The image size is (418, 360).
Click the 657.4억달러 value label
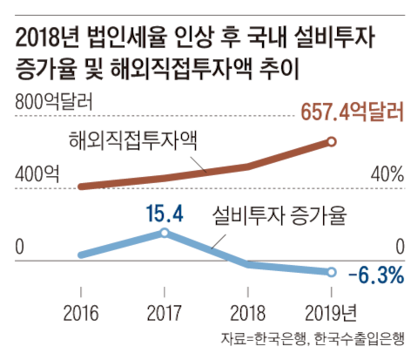point(352,112)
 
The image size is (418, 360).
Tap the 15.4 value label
point(163,212)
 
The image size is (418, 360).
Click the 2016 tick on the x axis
point(81,312)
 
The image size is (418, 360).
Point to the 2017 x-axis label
point(165,312)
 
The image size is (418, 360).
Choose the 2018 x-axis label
point(248,312)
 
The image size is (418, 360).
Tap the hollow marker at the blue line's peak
point(165,233)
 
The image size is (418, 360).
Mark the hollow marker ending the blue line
point(332,272)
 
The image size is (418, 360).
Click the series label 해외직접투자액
point(130,137)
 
